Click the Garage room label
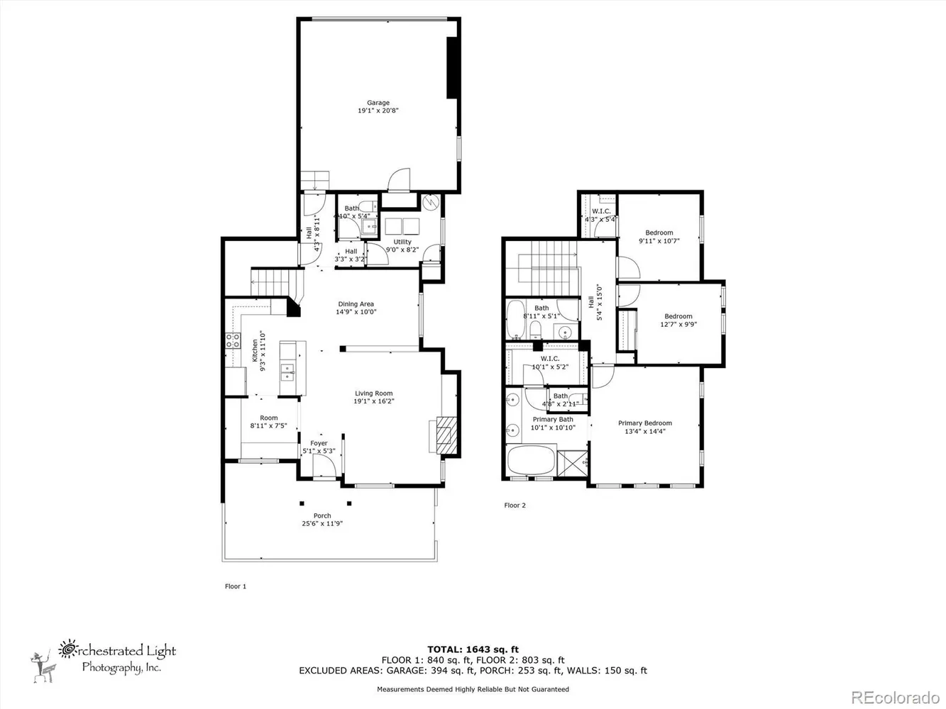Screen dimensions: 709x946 click(x=378, y=103)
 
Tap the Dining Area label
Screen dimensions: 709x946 click(x=356, y=304)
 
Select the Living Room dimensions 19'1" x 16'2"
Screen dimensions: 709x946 click(x=374, y=401)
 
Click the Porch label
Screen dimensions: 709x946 click(x=322, y=515)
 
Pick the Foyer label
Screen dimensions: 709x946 click(x=319, y=443)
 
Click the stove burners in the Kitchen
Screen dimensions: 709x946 click(x=232, y=341)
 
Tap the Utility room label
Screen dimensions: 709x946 click(x=402, y=242)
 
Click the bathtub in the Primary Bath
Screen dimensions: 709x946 click(x=531, y=461)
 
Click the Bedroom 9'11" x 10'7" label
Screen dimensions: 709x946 click(x=659, y=233)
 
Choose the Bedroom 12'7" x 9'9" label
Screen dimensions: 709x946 click(x=678, y=316)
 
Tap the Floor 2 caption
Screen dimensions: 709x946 click(x=515, y=506)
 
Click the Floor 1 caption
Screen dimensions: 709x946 click(x=235, y=586)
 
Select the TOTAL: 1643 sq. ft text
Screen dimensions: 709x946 click(x=473, y=649)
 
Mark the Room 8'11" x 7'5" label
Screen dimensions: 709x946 click(x=268, y=418)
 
